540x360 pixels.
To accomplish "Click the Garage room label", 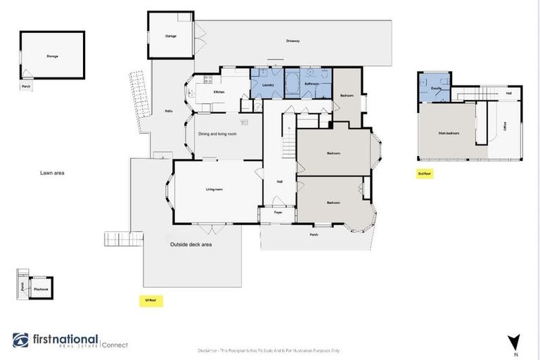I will tap(170, 35).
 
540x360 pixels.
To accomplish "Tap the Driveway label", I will tap(292, 41).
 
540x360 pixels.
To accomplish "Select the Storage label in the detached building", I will tap(51, 56).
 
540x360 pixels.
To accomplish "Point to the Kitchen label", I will tap(219, 93).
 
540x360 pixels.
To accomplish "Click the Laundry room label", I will tap(267, 85).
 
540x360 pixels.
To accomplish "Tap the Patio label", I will tap(169, 111).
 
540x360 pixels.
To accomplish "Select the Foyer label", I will tap(278, 212).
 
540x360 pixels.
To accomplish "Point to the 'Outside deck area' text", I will tap(191, 245).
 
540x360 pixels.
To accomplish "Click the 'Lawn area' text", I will tap(52, 172).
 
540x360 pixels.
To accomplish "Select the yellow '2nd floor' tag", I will tap(424, 173).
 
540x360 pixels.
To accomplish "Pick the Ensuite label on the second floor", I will tap(436, 89).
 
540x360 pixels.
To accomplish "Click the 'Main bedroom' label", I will tap(448, 132).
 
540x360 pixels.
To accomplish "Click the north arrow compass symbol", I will tap(515, 342).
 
